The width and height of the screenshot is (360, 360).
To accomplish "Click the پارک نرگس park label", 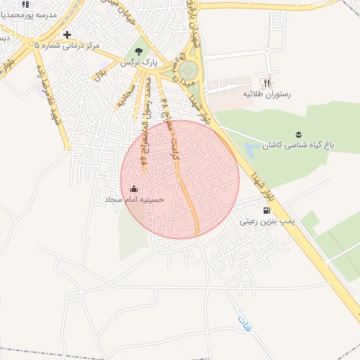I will pyautogui.click(x=138, y=63).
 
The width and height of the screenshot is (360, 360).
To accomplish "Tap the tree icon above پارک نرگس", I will pyautogui.click(x=138, y=51).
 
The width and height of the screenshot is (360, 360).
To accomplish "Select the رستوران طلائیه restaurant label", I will pyautogui.click(x=266, y=93).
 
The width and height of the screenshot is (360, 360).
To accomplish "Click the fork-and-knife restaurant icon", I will pyautogui.click(x=267, y=81).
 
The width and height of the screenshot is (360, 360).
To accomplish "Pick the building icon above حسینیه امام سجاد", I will pyautogui.click(x=134, y=188).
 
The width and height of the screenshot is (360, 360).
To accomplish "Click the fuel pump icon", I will pyautogui.click(x=266, y=210).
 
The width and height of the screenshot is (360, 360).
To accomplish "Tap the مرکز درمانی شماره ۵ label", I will pyautogui.click(x=67, y=45).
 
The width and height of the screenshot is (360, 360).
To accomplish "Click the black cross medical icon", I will pyautogui.click(x=67, y=34).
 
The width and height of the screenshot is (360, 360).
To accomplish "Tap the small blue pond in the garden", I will pyautogui.click(x=252, y=150).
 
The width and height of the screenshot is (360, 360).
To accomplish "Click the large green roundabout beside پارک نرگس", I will pyautogui.click(x=188, y=70).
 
